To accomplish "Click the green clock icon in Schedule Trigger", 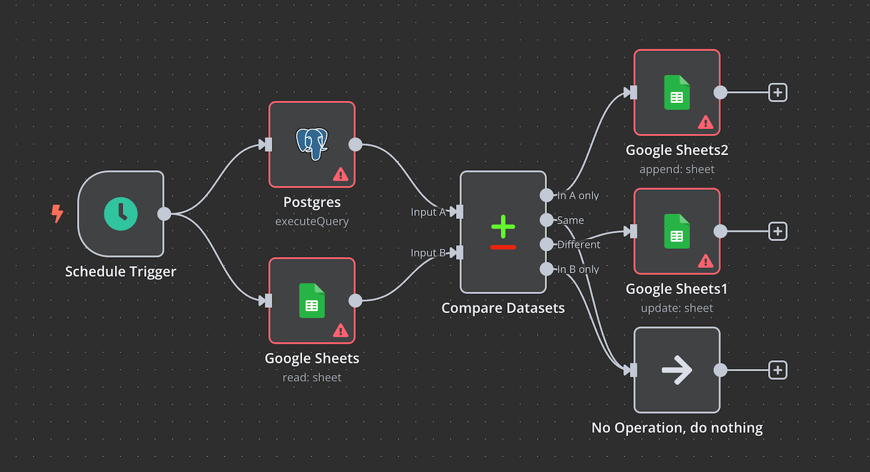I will point(121,214).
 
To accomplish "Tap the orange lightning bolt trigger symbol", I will point(57,214).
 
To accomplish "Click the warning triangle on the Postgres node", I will point(340,174).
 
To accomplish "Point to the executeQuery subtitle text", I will point(312,221).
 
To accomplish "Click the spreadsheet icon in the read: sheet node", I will point(312,301).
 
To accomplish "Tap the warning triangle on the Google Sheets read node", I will point(340,330).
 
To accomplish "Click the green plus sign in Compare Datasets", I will point(503,227).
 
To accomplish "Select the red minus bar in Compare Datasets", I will point(503,247).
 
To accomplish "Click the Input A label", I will point(428,212).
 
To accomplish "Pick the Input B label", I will point(428,253).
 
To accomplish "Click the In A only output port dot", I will point(546,195).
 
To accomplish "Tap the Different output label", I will point(579,245).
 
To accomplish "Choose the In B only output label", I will point(578,270).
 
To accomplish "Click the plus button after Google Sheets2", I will point(778,92).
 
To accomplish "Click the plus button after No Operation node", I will point(778,370).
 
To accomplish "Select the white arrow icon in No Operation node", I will point(677,370).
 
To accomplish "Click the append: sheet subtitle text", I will point(677,170).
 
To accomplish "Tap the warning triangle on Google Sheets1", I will point(705,261).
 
